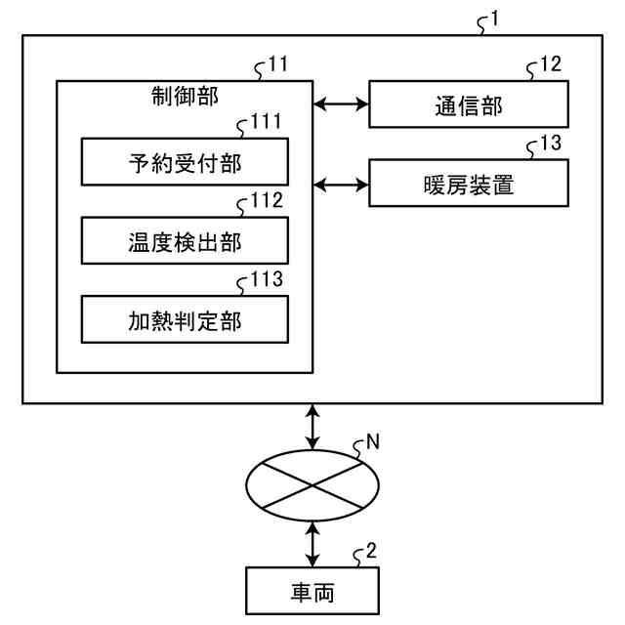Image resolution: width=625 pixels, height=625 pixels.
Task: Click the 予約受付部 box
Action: (185, 162)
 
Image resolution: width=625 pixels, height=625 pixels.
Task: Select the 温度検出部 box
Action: (185, 241)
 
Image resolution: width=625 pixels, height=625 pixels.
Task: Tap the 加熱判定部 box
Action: (185, 319)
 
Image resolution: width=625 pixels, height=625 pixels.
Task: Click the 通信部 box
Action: (469, 104)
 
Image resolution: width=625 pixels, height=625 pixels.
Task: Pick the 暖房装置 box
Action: (469, 183)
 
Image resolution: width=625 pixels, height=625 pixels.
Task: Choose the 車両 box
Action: (312, 591)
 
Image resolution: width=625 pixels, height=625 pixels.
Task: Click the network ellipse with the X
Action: (312, 485)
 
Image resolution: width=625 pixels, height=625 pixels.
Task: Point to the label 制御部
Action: (185, 97)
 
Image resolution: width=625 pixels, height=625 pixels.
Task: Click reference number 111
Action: (266, 121)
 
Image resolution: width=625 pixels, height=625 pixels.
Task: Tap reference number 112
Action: (267, 200)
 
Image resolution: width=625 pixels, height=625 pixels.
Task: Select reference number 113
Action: (267, 279)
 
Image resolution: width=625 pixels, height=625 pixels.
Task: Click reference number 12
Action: (551, 63)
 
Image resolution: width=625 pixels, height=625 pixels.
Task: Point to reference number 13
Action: (551, 143)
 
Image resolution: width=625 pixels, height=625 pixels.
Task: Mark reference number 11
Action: (278, 63)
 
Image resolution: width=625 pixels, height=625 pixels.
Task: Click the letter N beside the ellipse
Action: (373, 441)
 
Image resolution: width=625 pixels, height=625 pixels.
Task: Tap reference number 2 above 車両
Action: (371, 551)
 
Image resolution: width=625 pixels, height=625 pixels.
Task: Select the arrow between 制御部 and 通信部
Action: (341, 104)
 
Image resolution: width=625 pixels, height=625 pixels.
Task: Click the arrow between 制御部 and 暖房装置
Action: (341, 185)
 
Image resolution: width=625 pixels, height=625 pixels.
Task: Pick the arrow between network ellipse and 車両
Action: (312, 544)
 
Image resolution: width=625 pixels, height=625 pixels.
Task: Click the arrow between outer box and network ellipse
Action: (312, 428)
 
